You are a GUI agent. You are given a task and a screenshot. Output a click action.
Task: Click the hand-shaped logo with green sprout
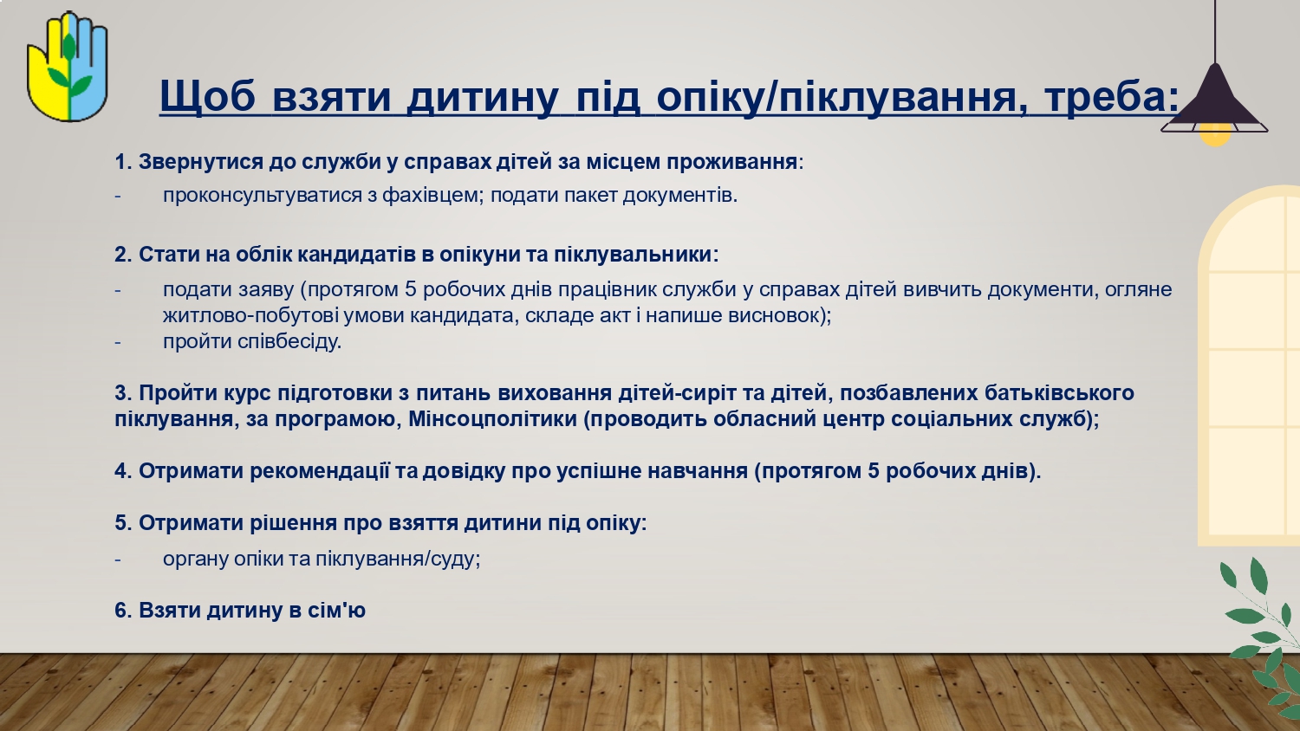pos(68,67)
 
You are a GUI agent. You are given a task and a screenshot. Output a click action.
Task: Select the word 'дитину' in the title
pos(482,96)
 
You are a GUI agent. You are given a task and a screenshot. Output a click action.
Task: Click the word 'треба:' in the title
pos(1112,96)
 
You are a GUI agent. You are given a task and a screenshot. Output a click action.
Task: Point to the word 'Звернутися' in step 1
pos(201,162)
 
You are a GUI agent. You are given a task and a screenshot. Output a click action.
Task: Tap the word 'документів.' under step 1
pos(680,196)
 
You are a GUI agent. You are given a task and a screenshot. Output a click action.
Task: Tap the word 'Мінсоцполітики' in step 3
pos(493,419)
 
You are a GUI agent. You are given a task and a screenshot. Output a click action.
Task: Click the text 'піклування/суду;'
pos(398,560)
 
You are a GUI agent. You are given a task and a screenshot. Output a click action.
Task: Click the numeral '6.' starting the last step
pos(123,611)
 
